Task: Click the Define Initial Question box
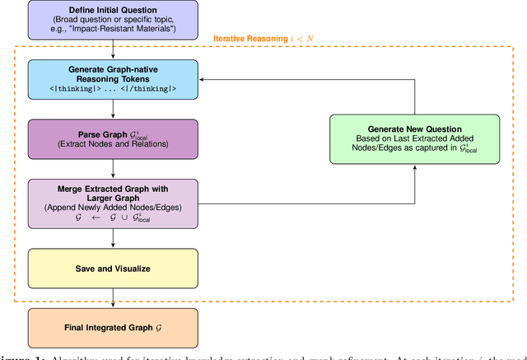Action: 113,20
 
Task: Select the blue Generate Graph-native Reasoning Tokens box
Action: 113,78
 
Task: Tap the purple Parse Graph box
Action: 113,139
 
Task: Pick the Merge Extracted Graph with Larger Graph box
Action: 113,202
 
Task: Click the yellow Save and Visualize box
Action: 113,269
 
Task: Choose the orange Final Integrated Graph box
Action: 113,327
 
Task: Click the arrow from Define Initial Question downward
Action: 113,49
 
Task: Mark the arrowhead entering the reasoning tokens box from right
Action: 203,80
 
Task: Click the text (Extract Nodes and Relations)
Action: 113,145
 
